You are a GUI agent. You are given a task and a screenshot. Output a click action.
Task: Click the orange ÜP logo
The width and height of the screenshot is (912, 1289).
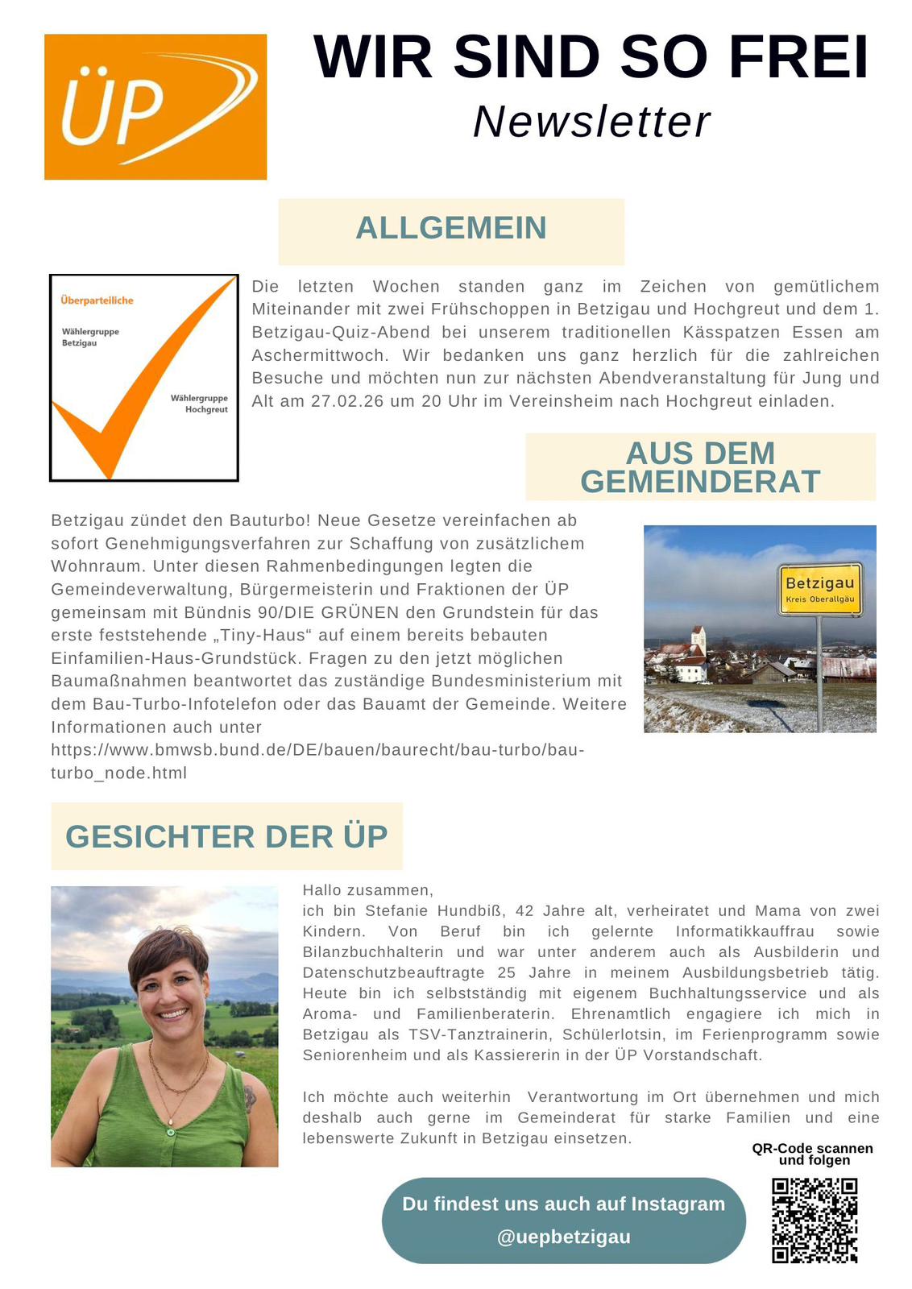click(x=155, y=106)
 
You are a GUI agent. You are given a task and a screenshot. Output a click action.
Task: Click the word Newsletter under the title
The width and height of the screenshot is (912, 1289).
click(x=591, y=122)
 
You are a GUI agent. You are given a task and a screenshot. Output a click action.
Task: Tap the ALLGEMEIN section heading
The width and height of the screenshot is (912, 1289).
click(x=450, y=229)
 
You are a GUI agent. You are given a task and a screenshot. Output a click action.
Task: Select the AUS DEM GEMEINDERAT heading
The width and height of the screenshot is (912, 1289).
click(x=699, y=467)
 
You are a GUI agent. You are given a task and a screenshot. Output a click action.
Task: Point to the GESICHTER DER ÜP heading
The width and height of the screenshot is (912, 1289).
click(x=226, y=836)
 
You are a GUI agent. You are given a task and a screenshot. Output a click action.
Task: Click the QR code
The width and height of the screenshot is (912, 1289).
click(x=815, y=1221)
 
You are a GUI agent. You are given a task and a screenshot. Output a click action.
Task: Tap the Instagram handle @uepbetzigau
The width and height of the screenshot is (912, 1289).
click(x=563, y=1237)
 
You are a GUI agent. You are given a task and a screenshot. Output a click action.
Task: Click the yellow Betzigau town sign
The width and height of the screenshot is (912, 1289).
click(x=819, y=589)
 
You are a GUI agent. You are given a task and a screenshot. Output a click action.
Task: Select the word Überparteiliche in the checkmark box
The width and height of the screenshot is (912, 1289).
click(x=97, y=300)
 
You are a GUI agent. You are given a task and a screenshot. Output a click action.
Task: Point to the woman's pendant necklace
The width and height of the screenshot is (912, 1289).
click(x=170, y=1120)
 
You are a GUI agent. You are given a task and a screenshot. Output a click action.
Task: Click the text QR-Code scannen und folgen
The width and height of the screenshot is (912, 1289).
click(x=812, y=1154)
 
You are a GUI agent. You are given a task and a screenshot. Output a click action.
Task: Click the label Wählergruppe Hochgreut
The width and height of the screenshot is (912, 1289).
click(x=199, y=404)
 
